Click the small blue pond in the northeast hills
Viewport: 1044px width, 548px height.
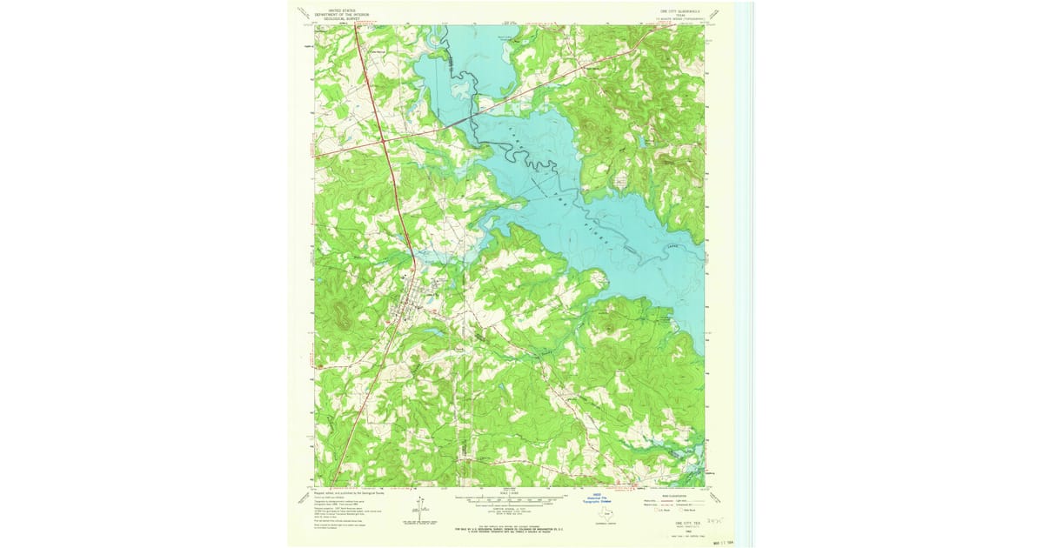click(x=619, y=180)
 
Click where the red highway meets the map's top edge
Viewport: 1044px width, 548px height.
click(x=356, y=25)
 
